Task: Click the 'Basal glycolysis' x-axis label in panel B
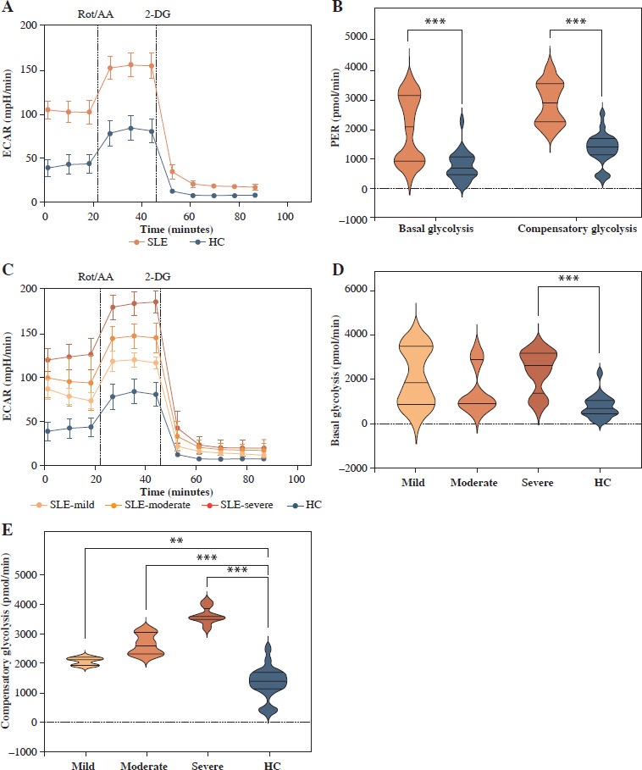pos(434,229)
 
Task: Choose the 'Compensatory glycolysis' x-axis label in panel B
pos(577,229)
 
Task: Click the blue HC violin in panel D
pos(598,404)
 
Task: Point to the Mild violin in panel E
pos(85,662)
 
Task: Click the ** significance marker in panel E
pos(176,539)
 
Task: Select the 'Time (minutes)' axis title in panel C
pos(166,491)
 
